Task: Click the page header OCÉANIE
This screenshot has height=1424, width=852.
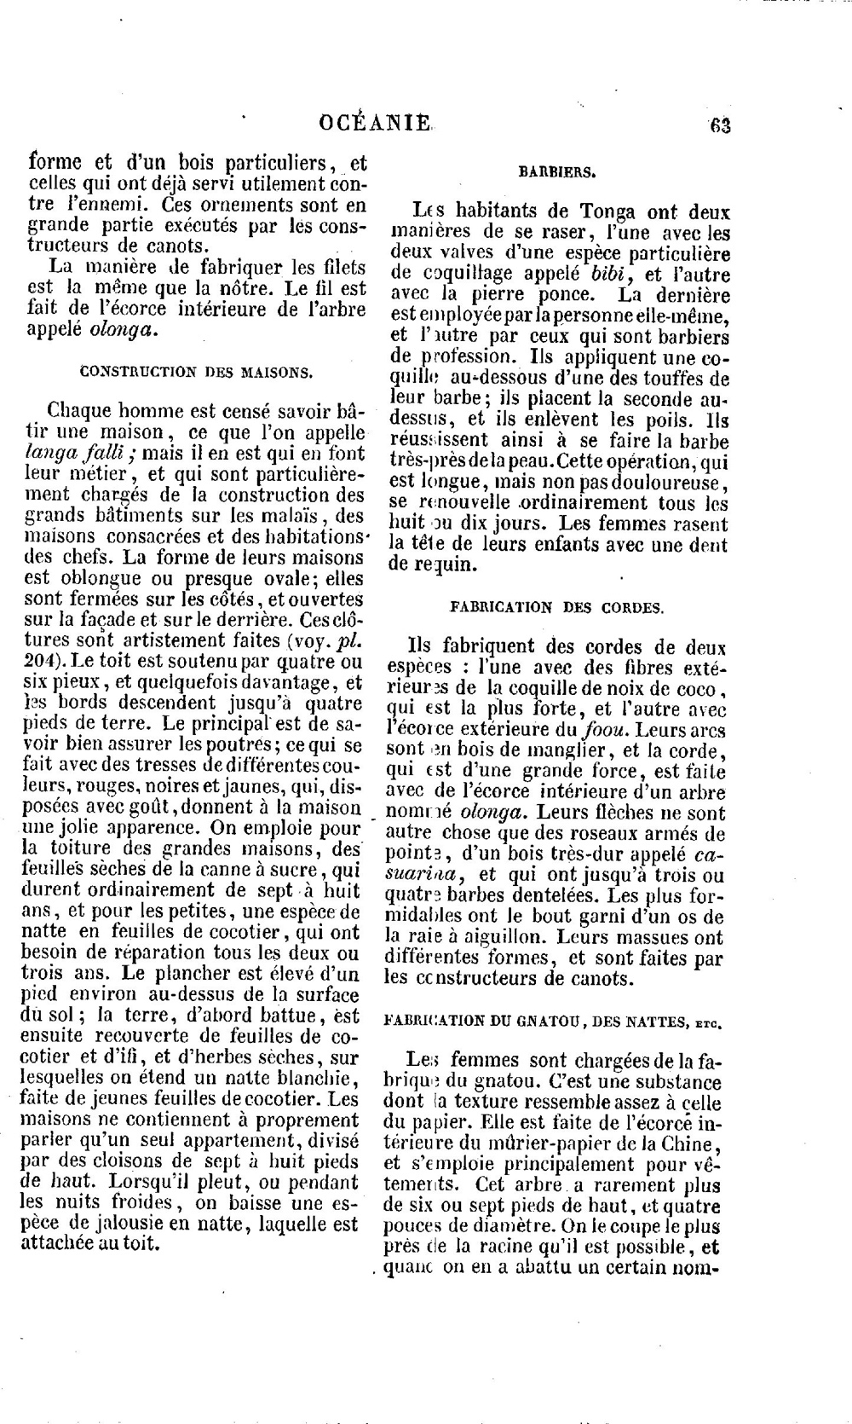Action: point(376,123)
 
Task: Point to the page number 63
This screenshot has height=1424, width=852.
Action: point(720,125)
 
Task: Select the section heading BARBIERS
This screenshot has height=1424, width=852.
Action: point(557,171)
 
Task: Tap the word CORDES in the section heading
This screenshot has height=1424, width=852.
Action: point(630,608)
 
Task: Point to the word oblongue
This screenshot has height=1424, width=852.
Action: point(87,578)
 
